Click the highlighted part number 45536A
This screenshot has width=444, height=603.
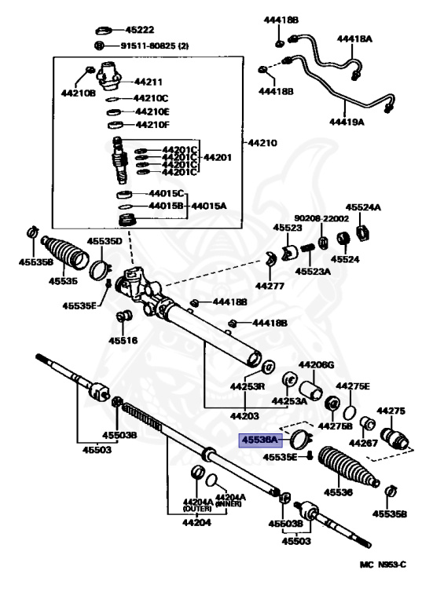click(260, 439)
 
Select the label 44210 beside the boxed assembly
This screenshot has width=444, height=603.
click(262, 143)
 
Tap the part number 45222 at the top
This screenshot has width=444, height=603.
click(140, 30)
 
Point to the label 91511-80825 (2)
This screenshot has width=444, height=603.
click(155, 46)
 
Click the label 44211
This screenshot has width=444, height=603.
click(148, 82)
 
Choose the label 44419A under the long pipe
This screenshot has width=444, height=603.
click(347, 122)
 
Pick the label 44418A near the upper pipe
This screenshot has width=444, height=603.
click(354, 38)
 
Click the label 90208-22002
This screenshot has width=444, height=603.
click(321, 218)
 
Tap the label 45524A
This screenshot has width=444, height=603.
click(363, 207)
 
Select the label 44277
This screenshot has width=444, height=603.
click(270, 286)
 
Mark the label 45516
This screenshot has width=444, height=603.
click(123, 340)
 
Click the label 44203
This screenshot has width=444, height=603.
click(244, 415)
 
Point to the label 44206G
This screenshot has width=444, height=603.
click(316, 364)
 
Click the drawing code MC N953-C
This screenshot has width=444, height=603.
click(383, 565)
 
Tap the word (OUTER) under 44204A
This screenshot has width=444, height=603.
click(197, 509)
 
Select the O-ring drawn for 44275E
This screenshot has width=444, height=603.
click(350, 412)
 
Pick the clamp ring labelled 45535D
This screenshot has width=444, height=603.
click(100, 269)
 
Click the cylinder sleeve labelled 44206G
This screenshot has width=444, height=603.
click(311, 390)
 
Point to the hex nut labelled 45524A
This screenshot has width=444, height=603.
click(363, 232)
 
